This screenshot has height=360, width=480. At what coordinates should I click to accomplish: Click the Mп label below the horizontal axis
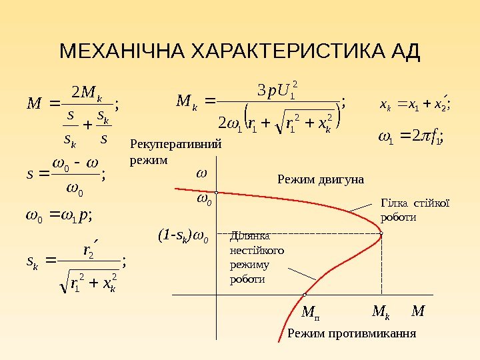310,311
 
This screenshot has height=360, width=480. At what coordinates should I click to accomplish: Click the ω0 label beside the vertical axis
203,199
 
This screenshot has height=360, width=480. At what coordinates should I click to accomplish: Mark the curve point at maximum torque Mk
381,233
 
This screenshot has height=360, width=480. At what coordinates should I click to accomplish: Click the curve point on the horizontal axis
304,294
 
